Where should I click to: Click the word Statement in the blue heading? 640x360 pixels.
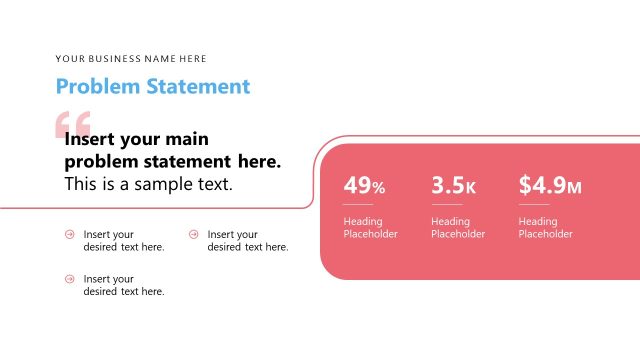pyautogui.click(x=198, y=86)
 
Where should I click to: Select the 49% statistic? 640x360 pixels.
pyautogui.click(x=364, y=185)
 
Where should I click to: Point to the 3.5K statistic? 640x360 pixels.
pyautogui.click(x=453, y=185)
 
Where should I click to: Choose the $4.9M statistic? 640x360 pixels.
pyautogui.click(x=550, y=185)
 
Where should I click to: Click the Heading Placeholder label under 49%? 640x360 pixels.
pyautogui.click(x=370, y=228)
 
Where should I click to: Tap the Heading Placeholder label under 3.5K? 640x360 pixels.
pyautogui.click(x=458, y=228)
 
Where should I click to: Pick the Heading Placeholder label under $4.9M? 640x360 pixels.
pyautogui.click(x=545, y=228)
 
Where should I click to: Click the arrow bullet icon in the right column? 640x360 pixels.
pyautogui.click(x=194, y=234)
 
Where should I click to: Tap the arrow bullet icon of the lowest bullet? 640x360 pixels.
pyautogui.click(x=70, y=279)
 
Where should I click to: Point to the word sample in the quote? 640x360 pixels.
pyautogui.click(x=176, y=184)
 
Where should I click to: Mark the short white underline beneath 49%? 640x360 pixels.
pyautogui.click(x=358, y=204)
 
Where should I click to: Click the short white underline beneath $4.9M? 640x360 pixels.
pyautogui.click(x=533, y=204)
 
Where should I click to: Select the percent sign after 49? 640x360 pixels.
pyautogui.click(x=378, y=187)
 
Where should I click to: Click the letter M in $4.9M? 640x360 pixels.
pyautogui.click(x=574, y=187)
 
